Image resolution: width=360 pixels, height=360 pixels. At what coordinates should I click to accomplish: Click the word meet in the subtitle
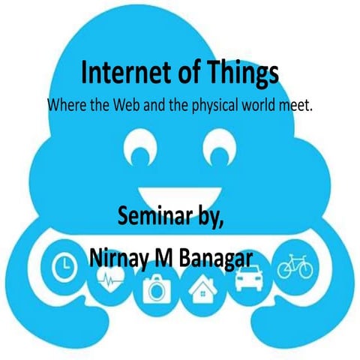click(298, 105)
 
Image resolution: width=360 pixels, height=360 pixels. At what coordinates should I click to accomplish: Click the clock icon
click(65, 262)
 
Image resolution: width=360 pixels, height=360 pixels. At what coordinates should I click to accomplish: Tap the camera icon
click(156, 289)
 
